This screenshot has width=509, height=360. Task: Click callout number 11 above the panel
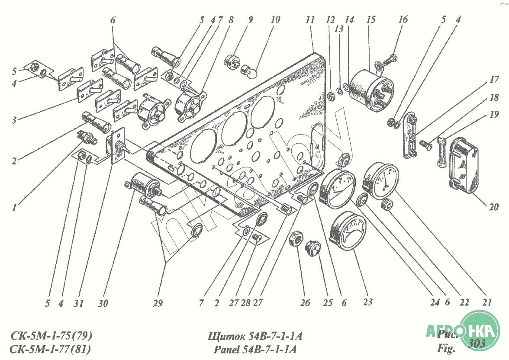[x=309, y=20]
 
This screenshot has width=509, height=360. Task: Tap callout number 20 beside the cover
[x=494, y=207]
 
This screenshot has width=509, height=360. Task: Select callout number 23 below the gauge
[x=368, y=302]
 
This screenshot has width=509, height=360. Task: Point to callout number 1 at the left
[x=15, y=208]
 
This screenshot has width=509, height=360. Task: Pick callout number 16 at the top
[x=403, y=20]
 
